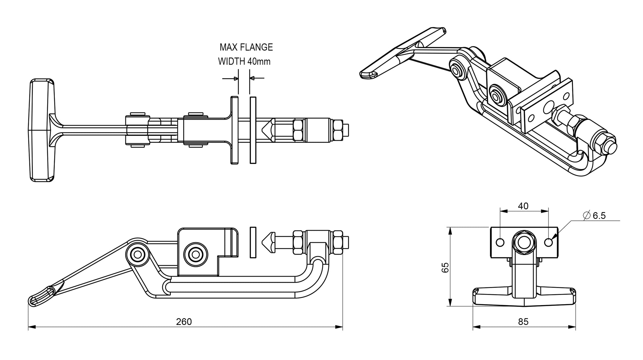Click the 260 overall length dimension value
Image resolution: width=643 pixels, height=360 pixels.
coord(184,321)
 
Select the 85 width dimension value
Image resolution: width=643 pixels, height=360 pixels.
coord(523,321)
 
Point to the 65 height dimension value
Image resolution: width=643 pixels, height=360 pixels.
coord(445,267)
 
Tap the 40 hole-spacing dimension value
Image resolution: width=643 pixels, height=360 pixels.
coord(523,206)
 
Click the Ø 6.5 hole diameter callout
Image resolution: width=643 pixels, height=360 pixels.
coord(595,216)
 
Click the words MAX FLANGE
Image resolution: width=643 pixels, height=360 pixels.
coord(246,47)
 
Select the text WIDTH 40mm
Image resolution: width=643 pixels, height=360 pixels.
coord(244,61)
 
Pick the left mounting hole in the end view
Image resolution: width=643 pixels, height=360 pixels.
coord(500,242)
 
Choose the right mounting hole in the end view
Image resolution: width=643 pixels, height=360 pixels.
coord(548,242)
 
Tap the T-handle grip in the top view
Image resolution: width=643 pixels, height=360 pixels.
coord(41,130)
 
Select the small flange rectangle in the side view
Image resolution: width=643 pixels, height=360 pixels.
coord(253,242)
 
